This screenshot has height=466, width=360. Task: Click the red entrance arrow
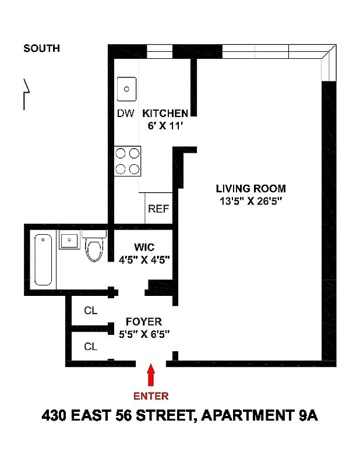[151, 375]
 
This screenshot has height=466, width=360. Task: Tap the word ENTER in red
[151, 396]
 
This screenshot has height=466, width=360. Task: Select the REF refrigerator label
[158, 209]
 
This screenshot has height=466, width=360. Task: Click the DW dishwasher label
[125, 113]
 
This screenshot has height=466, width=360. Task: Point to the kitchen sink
[126, 89]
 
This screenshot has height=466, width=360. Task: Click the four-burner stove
[128, 161]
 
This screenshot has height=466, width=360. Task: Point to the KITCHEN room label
[165, 113]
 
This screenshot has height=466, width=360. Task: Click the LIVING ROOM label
[250, 188]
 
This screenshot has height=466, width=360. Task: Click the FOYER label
[144, 321]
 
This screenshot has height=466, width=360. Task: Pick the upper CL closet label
[90, 310]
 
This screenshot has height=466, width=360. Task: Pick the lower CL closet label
[90, 347]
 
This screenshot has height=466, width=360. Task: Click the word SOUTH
[41, 48]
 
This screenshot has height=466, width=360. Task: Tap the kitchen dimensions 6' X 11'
[165, 125]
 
